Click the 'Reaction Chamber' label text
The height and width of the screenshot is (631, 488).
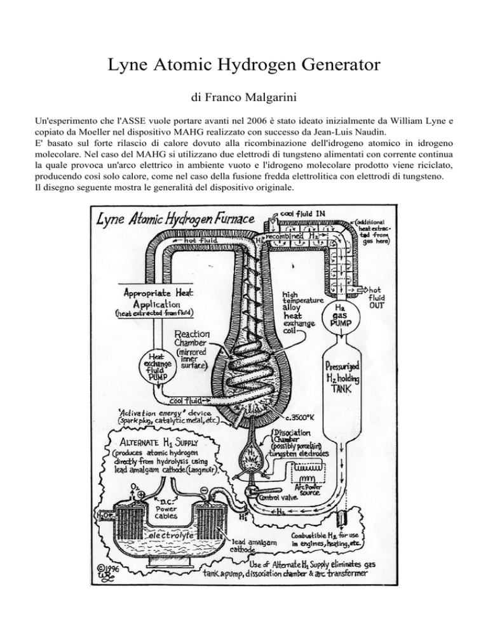point(195,340)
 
